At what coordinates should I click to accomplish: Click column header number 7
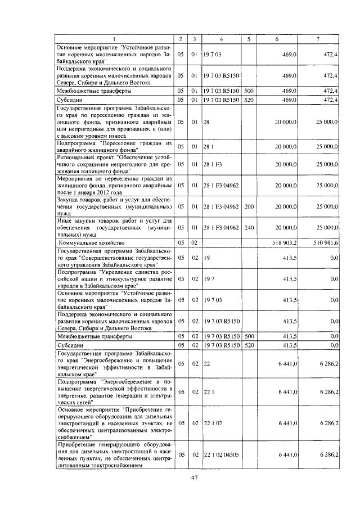(318, 38)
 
